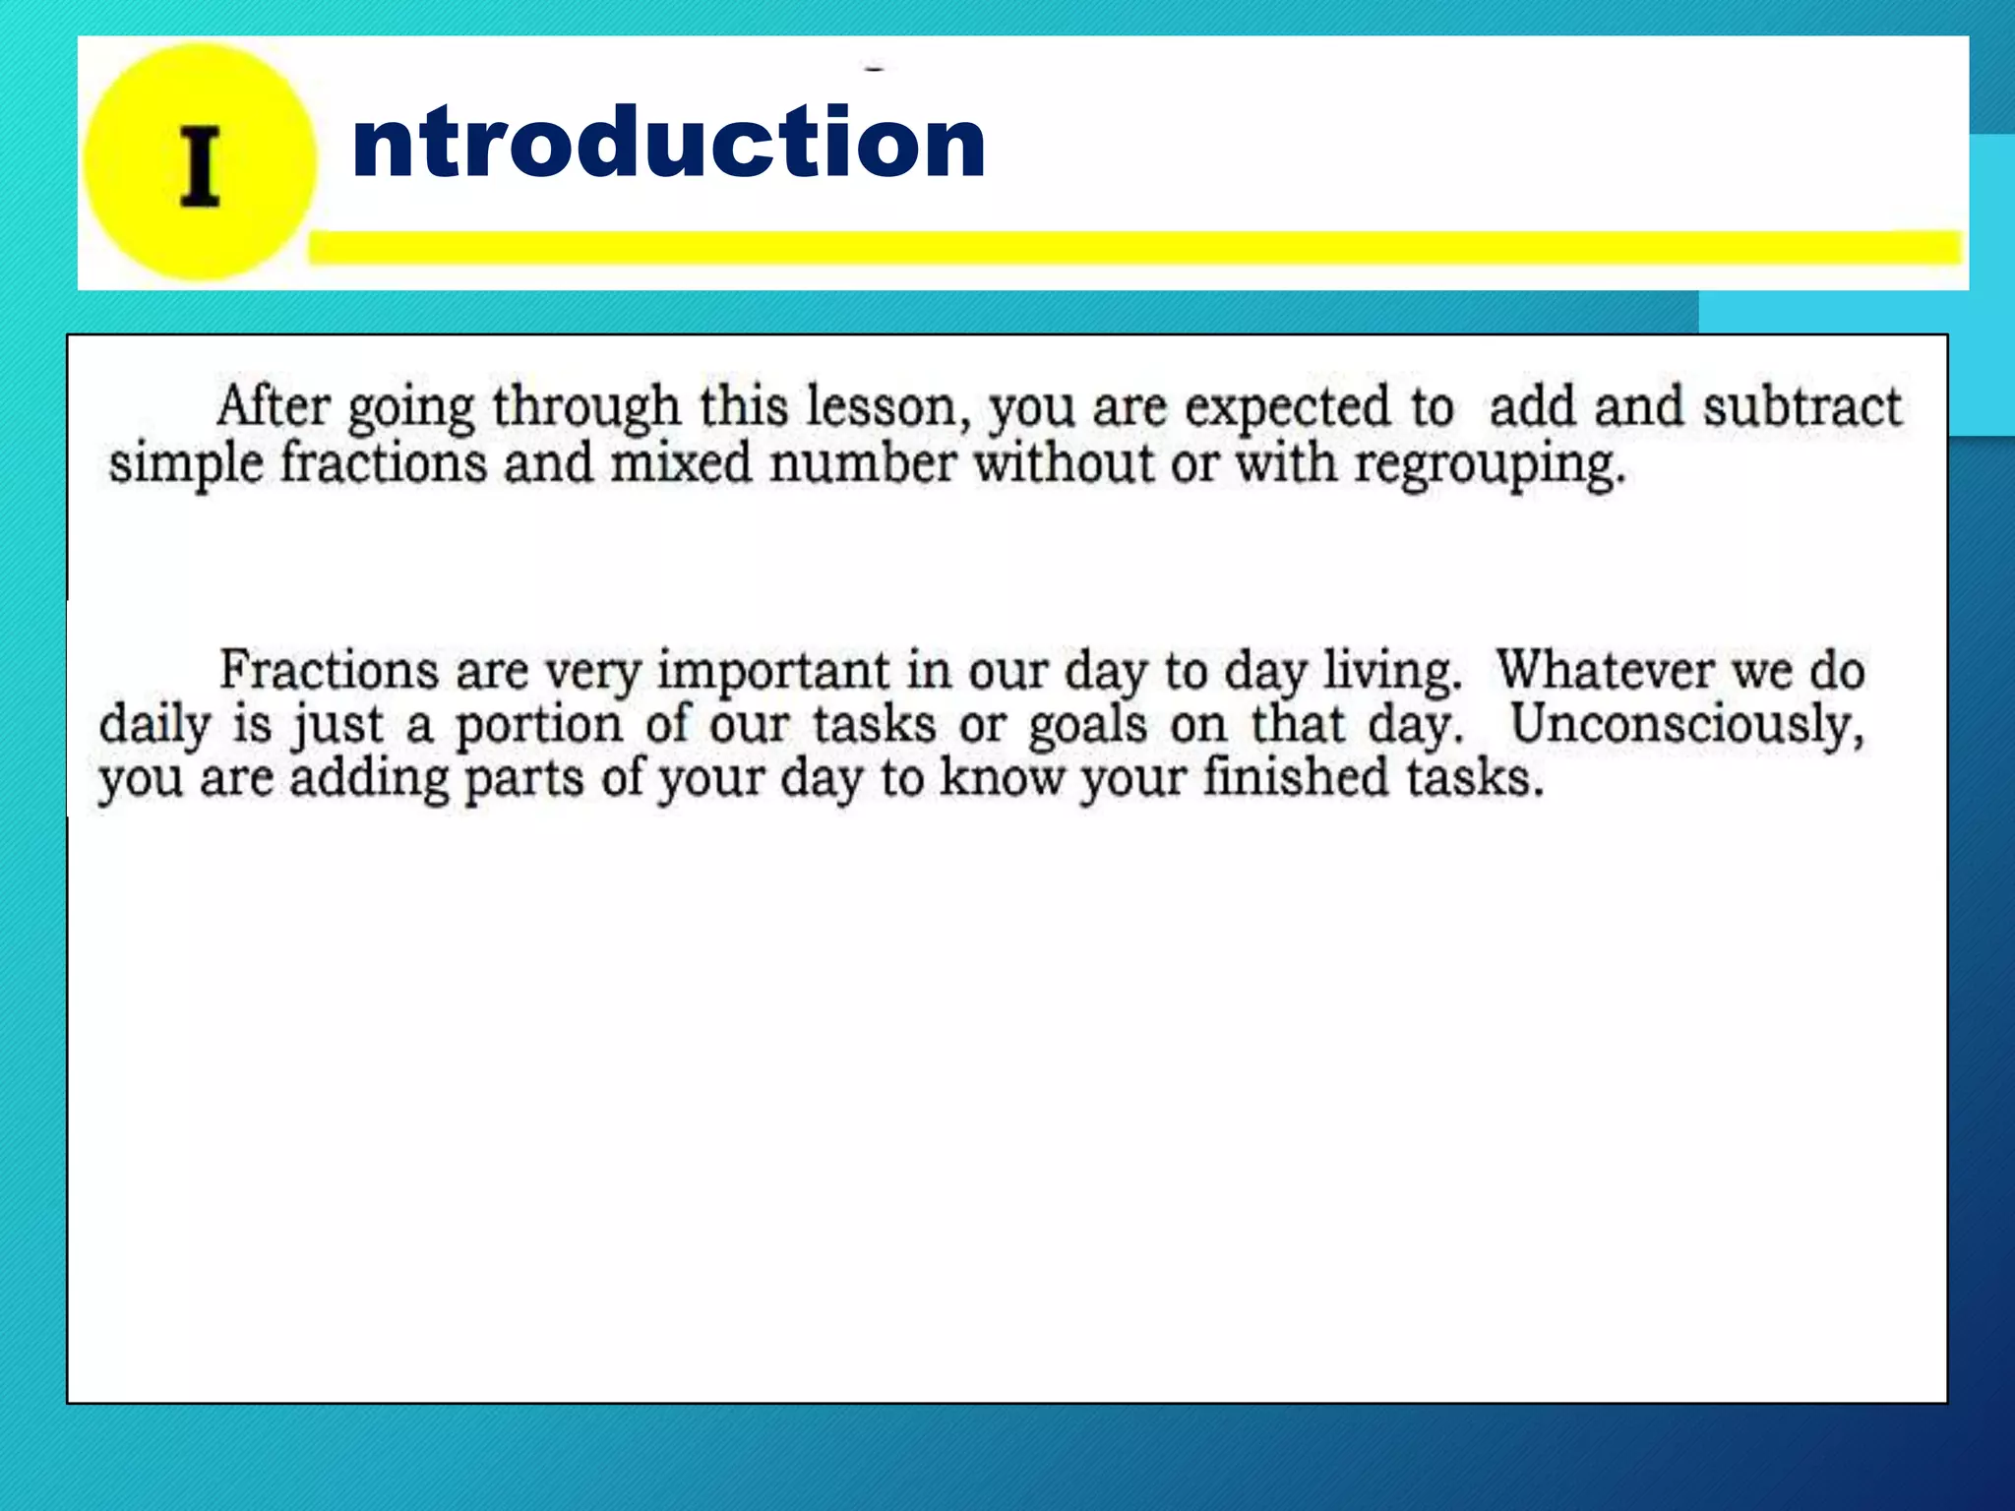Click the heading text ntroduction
click(668, 144)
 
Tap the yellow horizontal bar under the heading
click(1131, 248)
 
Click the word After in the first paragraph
click(274, 406)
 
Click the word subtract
click(1802, 406)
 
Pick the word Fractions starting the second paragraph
click(329, 670)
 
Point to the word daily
click(154, 726)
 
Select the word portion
click(538, 726)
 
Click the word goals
click(1087, 726)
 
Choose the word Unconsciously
click(1686, 726)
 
